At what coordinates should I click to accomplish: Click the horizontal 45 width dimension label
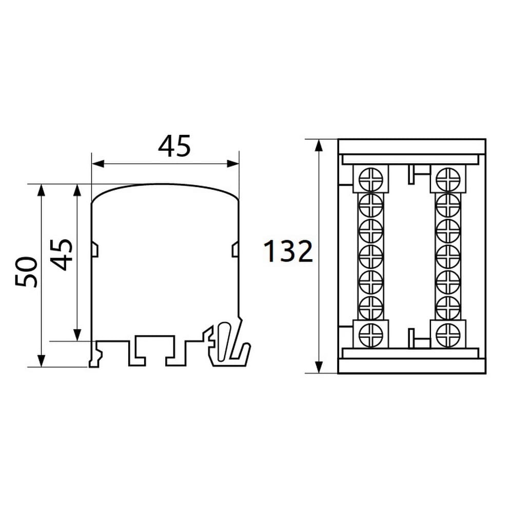click(174, 146)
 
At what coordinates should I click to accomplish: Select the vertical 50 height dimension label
click(26, 272)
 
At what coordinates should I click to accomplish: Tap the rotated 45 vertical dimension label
click(62, 255)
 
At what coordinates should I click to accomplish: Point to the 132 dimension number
click(288, 251)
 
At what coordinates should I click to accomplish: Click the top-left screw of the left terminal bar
click(371, 179)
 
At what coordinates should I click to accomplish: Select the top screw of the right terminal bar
click(448, 179)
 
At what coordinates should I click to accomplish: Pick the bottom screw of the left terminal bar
click(371, 334)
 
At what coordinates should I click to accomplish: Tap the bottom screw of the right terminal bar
click(448, 334)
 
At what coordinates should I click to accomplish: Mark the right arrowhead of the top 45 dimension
click(232, 164)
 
